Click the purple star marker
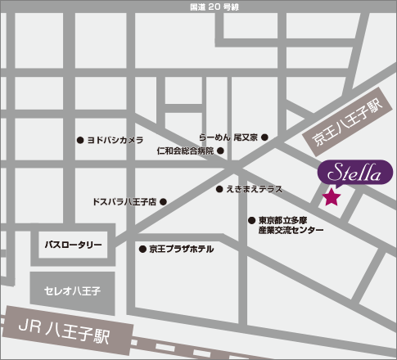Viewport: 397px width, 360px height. tap(332, 196)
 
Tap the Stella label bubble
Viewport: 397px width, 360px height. tap(353, 172)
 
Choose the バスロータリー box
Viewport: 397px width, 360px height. tap(74, 245)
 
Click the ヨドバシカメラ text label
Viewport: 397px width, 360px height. tap(115, 140)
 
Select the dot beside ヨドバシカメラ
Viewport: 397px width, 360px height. tap(79, 140)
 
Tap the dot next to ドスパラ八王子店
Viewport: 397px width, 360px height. tap(164, 201)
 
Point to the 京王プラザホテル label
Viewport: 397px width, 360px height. tap(181, 248)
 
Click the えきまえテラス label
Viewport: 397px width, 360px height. tap(255, 190)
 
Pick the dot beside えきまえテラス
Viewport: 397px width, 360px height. tap(219, 190)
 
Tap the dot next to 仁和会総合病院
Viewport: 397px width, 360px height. tap(220, 151)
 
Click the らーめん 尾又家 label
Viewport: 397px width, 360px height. tap(228, 137)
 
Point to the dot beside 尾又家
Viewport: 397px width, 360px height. tap(264, 137)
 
